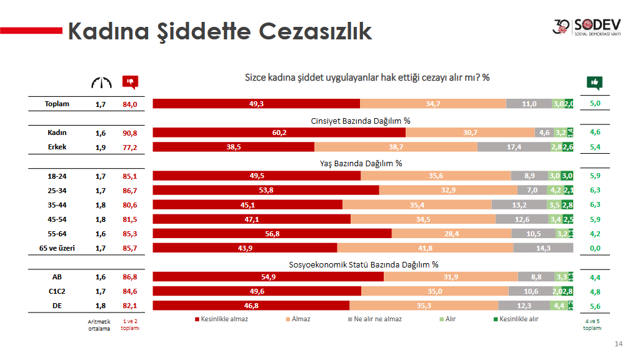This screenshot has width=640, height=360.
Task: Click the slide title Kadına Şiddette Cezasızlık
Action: click(219, 31)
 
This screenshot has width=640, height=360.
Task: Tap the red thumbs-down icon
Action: click(130, 82)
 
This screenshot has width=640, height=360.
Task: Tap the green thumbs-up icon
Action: click(594, 82)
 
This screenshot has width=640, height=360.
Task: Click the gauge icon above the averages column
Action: click(101, 82)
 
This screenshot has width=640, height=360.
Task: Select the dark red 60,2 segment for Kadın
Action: click(279, 132)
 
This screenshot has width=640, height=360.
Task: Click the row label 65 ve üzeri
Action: click(57, 248)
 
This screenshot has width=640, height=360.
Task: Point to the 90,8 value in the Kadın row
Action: click(129, 132)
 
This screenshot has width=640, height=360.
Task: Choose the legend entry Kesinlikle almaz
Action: click(222, 319)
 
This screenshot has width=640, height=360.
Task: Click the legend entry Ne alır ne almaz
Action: click(374, 319)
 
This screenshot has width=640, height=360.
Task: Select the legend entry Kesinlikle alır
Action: click(515, 319)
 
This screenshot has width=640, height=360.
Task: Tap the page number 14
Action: click(619, 344)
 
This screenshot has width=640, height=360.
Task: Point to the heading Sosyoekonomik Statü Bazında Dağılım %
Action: click(363, 264)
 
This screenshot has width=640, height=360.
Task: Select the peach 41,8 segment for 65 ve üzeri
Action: click(425, 248)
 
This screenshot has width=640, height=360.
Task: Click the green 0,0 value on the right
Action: click(595, 248)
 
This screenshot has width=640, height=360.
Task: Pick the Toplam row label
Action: click(57, 104)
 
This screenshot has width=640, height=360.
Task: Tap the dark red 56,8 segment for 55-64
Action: click(272, 234)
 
